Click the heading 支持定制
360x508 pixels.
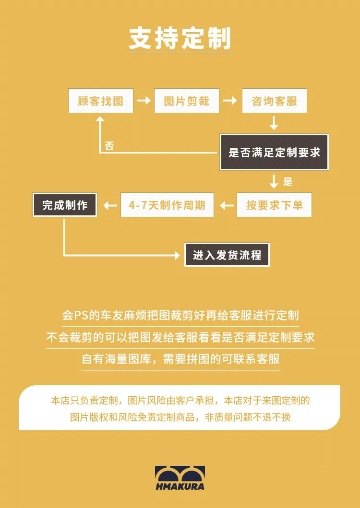click(x=180, y=38)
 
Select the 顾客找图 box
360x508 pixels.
click(x=101, y=101)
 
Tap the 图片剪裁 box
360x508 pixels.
click(x=187, y=101)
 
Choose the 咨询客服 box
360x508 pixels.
click(x=274, y=101)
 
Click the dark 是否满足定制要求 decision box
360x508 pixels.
click(x=274, y=153)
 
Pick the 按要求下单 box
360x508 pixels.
click(x=274, y=205)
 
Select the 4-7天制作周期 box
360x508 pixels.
click(x=167, y=205)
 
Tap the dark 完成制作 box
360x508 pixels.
click(x=65, y=205)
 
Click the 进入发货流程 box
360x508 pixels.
click(x=227, y=255)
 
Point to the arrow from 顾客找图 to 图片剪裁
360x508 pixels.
click(x=144, y=101)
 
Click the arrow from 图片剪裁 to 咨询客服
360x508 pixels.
click(x=230, y=101)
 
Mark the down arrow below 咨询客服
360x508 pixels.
click(x=274, y=124)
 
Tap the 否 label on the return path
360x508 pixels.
click(x=109, y=146)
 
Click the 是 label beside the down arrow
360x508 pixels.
click(x=288, y=182)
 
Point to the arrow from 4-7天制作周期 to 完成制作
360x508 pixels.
click(x=110, y=205)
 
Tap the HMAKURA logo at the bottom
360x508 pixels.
click(x=180, y=478)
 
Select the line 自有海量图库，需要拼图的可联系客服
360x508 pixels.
click(x=180, y=359)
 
